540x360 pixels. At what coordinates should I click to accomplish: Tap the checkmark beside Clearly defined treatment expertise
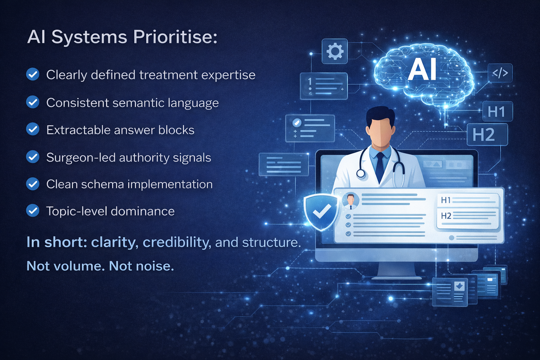click(33, 74)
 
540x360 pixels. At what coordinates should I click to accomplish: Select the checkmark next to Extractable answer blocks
click(33, 129)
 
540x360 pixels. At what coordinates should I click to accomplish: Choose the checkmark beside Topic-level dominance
click(33, 211)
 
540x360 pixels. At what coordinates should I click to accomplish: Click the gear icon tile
click(335, 51)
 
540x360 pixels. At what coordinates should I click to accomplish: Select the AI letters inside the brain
click(423, 69)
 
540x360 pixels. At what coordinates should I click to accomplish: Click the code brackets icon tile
click(500, 73)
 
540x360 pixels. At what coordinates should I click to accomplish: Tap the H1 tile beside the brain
click(496, 112)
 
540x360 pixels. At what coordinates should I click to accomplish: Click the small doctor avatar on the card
click(351, 201)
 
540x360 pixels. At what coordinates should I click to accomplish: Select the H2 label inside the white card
click(446, 216)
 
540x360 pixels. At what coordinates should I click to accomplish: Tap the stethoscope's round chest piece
click(361, 173)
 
